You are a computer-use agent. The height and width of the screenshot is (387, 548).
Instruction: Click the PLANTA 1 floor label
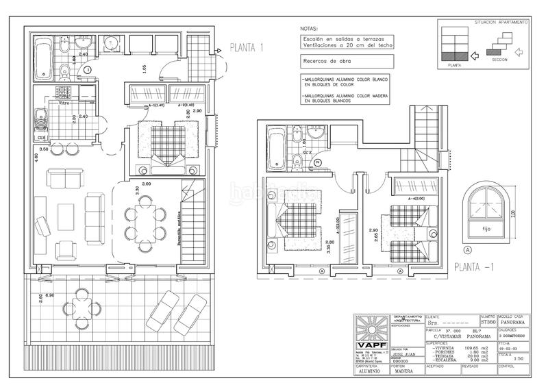pos(247,48)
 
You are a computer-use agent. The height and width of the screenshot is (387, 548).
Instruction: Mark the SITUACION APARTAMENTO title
pos(501,23)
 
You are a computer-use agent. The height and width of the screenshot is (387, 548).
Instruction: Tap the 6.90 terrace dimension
pos(49,296)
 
